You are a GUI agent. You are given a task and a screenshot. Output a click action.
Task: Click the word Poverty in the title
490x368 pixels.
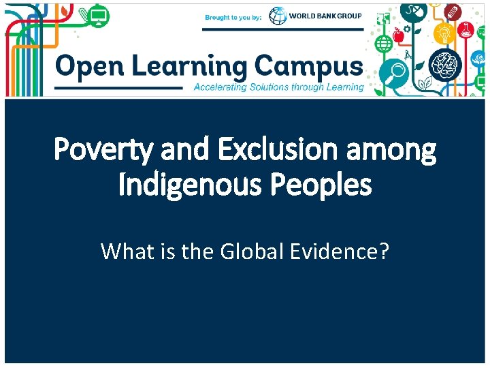(101, 151)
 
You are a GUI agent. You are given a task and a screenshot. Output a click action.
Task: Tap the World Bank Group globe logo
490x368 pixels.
(278, 16)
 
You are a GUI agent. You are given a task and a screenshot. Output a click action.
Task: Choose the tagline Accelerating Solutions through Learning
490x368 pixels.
(279, 87)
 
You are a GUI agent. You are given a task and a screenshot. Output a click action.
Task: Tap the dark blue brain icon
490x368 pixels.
(446, 64)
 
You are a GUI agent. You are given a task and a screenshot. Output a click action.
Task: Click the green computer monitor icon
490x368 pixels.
(99, 15)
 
